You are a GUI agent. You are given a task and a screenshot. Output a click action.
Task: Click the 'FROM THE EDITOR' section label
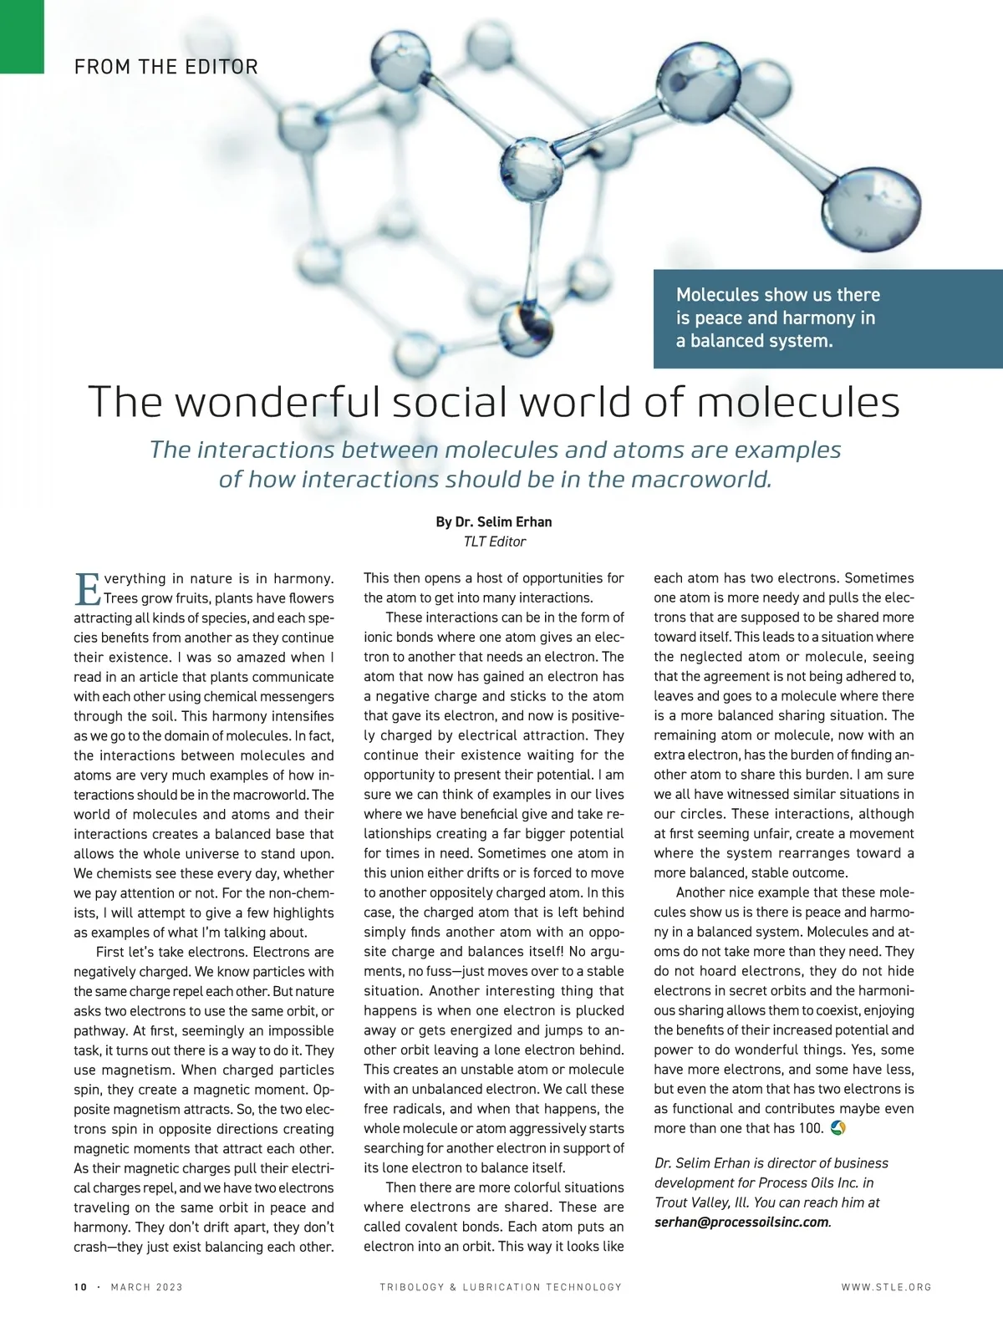pos(165,67)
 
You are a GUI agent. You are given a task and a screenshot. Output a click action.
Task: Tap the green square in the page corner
pos(22,36)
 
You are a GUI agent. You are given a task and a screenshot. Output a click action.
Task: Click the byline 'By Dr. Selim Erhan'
pos(493,521)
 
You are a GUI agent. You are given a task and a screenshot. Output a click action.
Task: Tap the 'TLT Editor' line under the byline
pos(494,541)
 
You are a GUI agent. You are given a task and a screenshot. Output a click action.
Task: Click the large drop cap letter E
pos(87,588)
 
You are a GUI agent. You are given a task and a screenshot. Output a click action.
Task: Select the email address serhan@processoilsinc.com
pos(741,1222)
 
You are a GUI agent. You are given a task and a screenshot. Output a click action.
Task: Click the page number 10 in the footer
pos(80,1287)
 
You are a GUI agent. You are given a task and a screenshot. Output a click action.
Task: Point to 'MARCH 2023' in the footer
pos(146,1287)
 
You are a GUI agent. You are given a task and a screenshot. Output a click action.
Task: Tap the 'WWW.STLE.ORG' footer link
pos(886,1287)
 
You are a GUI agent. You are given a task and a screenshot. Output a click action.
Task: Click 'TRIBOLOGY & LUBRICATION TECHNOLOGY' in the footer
pos(501,1287)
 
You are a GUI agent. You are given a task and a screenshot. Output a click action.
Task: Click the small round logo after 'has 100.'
pos(839,1128)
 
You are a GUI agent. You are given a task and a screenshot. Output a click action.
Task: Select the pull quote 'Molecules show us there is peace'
pos(777,318)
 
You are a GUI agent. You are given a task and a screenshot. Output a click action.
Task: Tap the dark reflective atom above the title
pos(526,326)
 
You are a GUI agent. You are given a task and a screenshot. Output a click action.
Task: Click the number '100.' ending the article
pos(811,1128)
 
